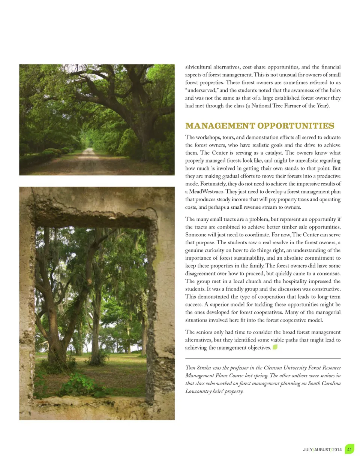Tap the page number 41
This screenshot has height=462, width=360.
[349, 449]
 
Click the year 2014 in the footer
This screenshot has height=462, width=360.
[337, 450]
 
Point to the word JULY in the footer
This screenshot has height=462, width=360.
[308, 450]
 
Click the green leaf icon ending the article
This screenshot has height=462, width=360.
[275, 347]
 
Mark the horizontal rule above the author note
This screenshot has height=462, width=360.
[263, 359]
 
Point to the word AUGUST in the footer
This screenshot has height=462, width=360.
[322, 450]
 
